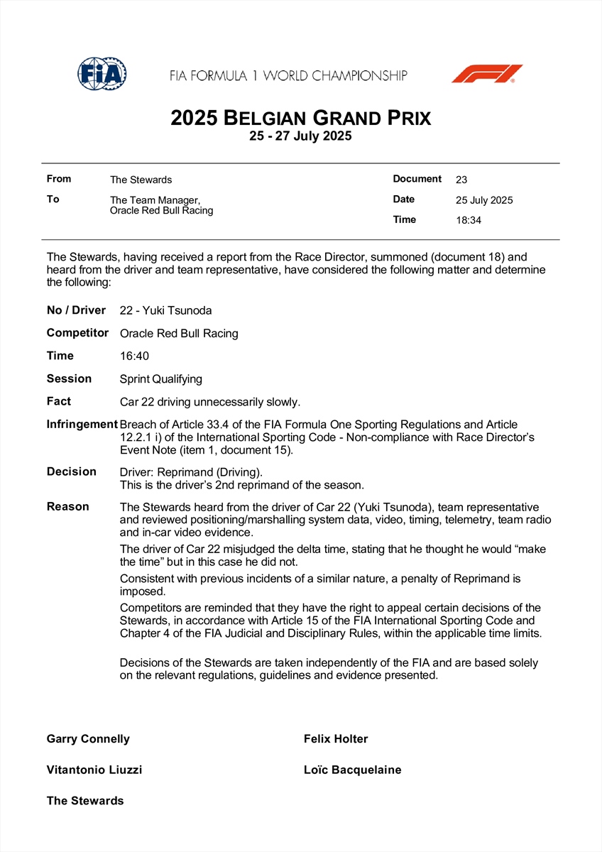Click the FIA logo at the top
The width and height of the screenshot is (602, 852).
[x=102, y=73]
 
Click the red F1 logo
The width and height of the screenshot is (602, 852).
[x=487, y=74]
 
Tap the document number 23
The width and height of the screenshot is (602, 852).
[x=461, y=180]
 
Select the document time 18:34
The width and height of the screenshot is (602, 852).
[x=469, y=220]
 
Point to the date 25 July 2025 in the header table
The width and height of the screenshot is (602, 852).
[x=484, y=200]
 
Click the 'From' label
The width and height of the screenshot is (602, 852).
[x=59, y=179]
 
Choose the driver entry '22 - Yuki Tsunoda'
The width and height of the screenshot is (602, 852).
[x=165, y=310]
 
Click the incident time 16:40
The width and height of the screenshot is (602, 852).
[x=134, y=356]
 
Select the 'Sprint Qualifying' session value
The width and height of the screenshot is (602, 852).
[x=160, y=379]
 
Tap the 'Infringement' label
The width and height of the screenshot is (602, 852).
[x=82, y=425]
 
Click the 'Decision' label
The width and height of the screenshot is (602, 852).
[x=71, y=471]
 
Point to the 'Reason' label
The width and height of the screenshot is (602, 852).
[x=67, y=507]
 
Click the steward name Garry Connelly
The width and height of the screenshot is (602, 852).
[x=88, y=739]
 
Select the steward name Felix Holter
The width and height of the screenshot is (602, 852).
[x=336, y=739]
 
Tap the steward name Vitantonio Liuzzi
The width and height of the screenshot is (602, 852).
[x=94, y=770]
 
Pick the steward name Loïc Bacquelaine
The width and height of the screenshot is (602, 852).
[x=352, y=770]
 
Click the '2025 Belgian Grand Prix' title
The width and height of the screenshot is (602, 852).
[x=300, y=117]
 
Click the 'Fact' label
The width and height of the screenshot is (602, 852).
[x=59, y=401]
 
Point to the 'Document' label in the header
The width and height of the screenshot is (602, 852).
[x=417, y=179]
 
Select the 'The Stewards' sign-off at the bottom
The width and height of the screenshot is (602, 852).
[x=85, y=801]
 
